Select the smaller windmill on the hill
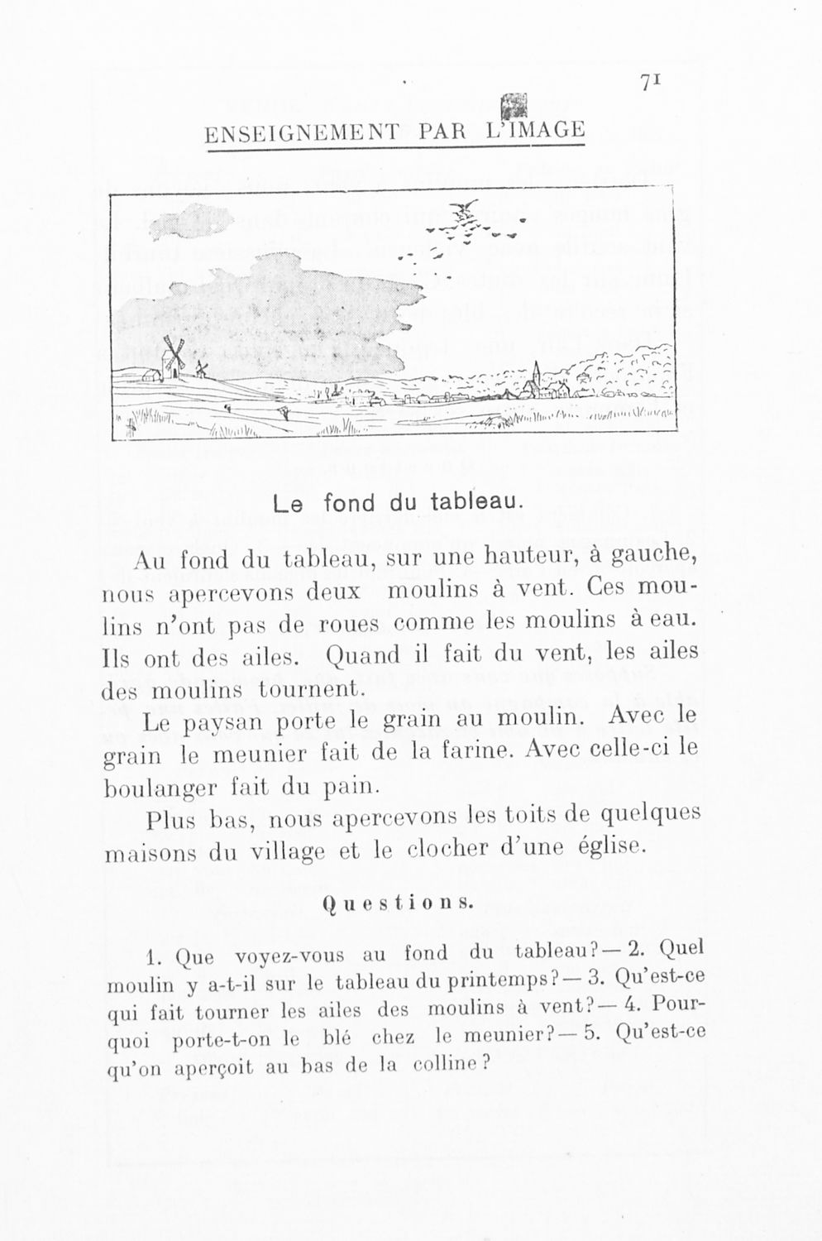201,369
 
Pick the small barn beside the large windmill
151,375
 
